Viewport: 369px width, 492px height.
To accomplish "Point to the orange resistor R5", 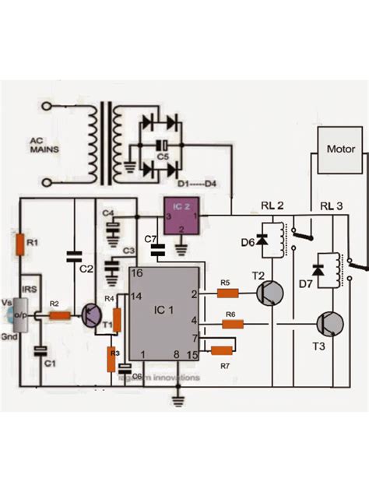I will [x=227, y=293].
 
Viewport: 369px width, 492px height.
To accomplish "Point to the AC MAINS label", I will [x=44, y=146].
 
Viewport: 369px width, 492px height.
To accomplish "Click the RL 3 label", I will [x=332, y=206].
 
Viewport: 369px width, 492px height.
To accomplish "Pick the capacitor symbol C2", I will [x=75, y=255].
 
